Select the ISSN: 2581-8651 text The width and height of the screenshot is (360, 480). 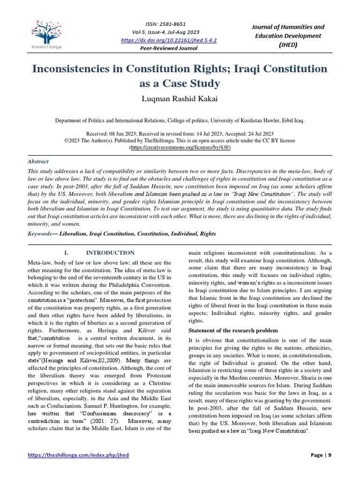pos(166,24)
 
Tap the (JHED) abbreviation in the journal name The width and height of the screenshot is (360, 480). pos(288,45)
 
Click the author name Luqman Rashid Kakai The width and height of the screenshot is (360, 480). pos(180,99)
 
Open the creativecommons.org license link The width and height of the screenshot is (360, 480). pos(180,147)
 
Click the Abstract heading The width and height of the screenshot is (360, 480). pos(38,161)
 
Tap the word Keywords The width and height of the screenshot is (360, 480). pos(39,233)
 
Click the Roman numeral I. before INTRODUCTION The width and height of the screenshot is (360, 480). pos(67,253)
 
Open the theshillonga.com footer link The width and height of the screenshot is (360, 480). pos(78,455)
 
